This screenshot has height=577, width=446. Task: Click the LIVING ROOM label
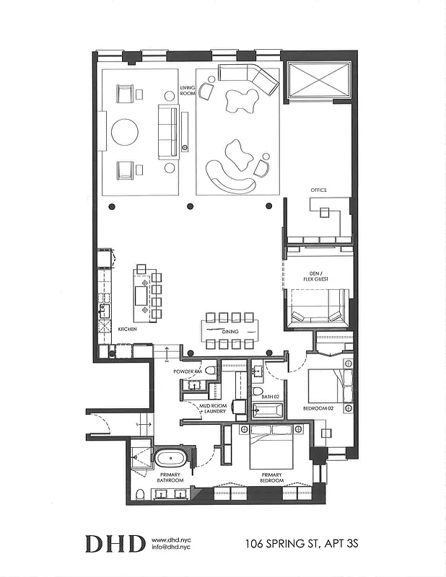pos(188,90)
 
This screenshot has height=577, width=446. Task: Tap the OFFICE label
pos(318,190)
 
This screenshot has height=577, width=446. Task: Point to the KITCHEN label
pos(128,329)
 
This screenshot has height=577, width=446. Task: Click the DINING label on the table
pos(230,331)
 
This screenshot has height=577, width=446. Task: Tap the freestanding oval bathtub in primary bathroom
pos(172,458)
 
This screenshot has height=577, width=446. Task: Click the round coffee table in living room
pos(125,132)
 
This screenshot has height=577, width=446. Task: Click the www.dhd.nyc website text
pos(170,539)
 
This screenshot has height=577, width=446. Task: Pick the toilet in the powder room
pos(210,371)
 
